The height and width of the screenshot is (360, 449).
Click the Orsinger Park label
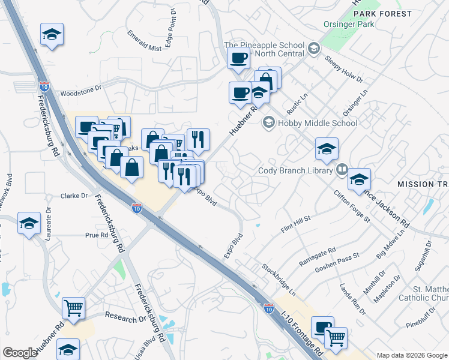[x=348, y=25]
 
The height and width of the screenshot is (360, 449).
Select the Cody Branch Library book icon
[x=342, y=170]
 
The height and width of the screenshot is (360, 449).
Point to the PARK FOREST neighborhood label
[x=383, y=13]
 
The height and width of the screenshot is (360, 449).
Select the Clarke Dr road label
[x=74, y=196]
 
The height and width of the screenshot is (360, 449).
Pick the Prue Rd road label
[x=96, y=235]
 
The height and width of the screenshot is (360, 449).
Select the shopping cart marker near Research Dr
[x=74, y=308]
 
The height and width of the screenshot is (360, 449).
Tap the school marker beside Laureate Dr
[x=29, y=224]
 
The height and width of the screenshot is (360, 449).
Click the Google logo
[x=20, y=353]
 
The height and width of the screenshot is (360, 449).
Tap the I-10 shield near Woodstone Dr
[x=44, y=86]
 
